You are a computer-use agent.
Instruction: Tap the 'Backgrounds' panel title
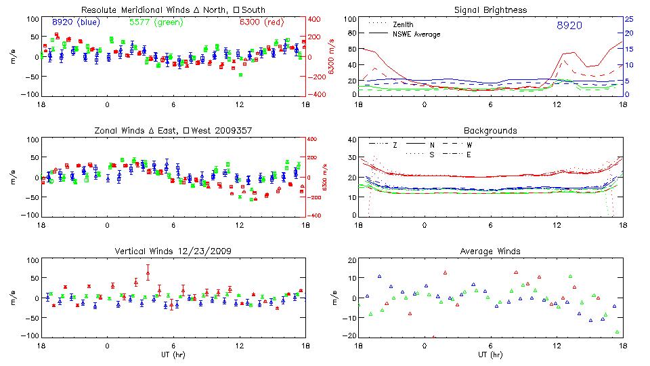tap(490, 131)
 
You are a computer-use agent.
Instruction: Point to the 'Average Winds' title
tap(490, 251)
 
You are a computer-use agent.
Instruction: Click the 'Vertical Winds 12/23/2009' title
tap(173, 251)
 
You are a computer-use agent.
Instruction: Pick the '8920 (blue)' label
tap(76, 22)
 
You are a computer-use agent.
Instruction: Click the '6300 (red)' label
tap(261, 22)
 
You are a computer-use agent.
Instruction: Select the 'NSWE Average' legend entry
tap(416, 34)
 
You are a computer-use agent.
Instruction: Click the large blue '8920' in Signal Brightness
tap(569, 26)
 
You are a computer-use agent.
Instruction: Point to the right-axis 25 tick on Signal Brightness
tap(628, 19)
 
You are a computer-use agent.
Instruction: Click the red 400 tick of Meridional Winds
tap(316, 19)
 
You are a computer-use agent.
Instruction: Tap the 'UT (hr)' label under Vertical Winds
tap(173, 354)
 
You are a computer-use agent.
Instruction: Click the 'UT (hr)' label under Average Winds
tap(490, 354)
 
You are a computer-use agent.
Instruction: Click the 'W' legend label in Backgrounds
tap(469, 145)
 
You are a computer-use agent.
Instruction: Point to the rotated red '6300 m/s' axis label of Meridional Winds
tap(332, 57)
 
